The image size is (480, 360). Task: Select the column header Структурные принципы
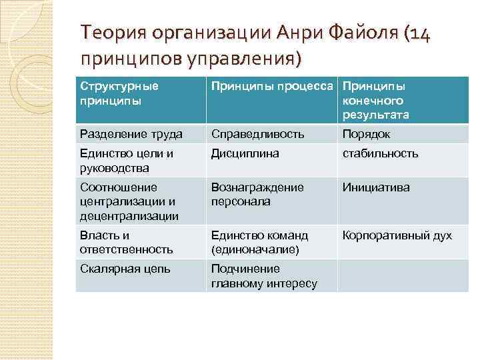119,93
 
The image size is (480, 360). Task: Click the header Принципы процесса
273,87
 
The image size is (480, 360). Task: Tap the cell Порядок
366,134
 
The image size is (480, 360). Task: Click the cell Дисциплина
245,153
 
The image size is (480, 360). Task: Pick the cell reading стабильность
380,153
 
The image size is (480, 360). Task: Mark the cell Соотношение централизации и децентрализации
129,201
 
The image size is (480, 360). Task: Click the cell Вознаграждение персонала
257,194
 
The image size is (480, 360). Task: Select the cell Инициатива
376,187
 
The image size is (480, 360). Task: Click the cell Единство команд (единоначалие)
259,242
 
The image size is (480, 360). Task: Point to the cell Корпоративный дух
397,235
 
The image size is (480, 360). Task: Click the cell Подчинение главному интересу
264,276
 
